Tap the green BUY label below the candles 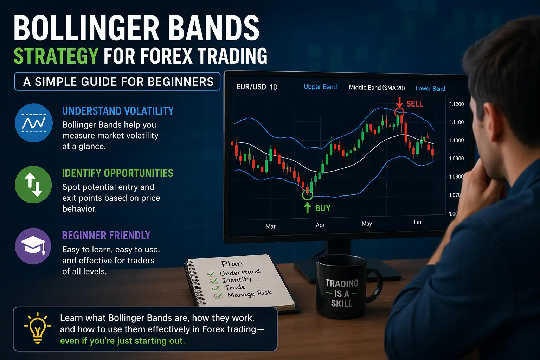322,208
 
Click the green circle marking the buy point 307,194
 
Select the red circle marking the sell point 399,112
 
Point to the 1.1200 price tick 456,104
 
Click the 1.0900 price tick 456,159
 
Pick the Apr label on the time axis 320,225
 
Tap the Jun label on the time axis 417,222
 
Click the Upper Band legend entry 320,87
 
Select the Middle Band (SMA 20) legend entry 377,88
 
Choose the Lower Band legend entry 430,89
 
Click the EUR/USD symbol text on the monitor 251,87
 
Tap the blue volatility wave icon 34,123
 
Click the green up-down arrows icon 34,185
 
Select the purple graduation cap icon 33,246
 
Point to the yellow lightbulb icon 37,328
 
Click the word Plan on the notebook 232,264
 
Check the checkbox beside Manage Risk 218,296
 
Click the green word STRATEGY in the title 56,56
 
